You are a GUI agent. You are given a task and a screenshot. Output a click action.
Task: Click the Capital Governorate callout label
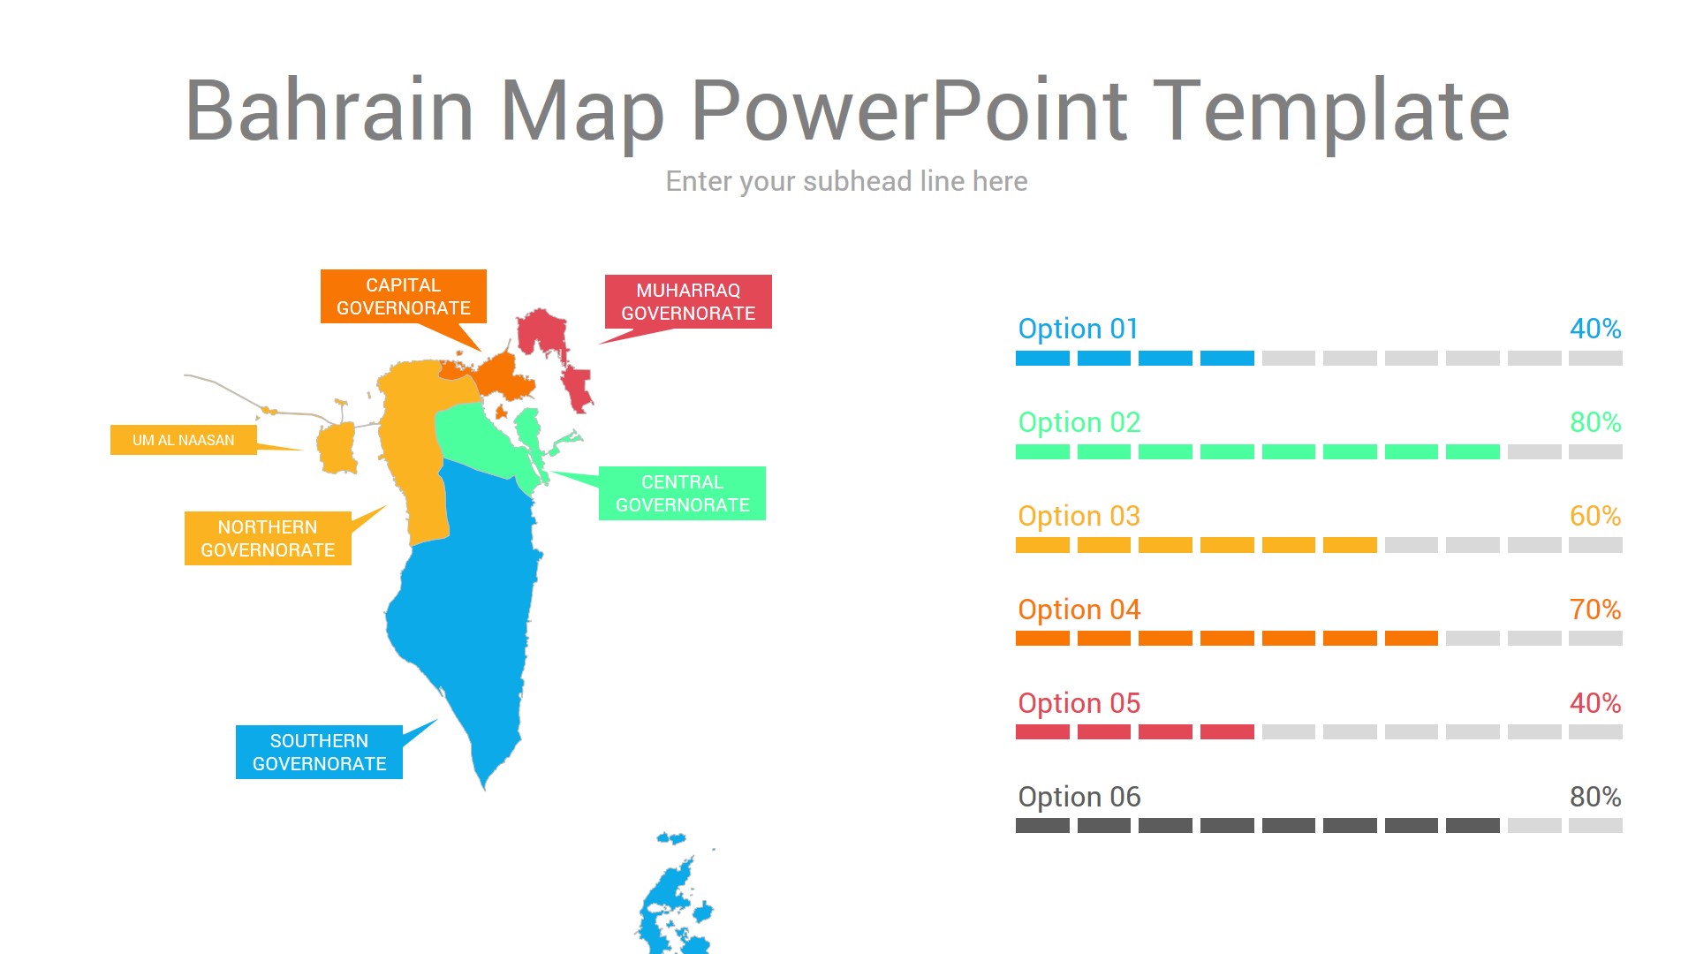403,297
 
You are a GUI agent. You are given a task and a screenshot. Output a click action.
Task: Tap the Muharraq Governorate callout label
688,302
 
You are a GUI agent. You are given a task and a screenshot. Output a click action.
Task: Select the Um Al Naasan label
184,440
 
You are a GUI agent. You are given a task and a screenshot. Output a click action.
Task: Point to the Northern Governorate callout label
268,539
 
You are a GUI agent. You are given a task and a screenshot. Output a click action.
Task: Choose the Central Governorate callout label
682,494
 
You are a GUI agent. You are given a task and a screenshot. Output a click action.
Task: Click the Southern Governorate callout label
319,753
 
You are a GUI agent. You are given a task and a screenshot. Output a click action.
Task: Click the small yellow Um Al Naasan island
336,448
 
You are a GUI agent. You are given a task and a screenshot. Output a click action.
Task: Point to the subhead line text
846,181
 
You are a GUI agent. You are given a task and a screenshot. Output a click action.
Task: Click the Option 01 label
1078,329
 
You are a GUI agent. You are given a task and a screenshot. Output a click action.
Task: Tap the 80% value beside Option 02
1594,422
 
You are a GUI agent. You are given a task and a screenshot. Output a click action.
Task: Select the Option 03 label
1079,516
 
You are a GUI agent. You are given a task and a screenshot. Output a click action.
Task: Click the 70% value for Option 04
1594,609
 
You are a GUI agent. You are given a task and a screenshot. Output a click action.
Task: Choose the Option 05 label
1079,703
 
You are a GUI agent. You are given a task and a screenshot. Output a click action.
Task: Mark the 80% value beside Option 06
1594,797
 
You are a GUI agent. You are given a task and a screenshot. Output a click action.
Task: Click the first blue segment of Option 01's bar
1042,359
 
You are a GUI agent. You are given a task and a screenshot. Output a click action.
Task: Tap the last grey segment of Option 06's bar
1595,826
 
